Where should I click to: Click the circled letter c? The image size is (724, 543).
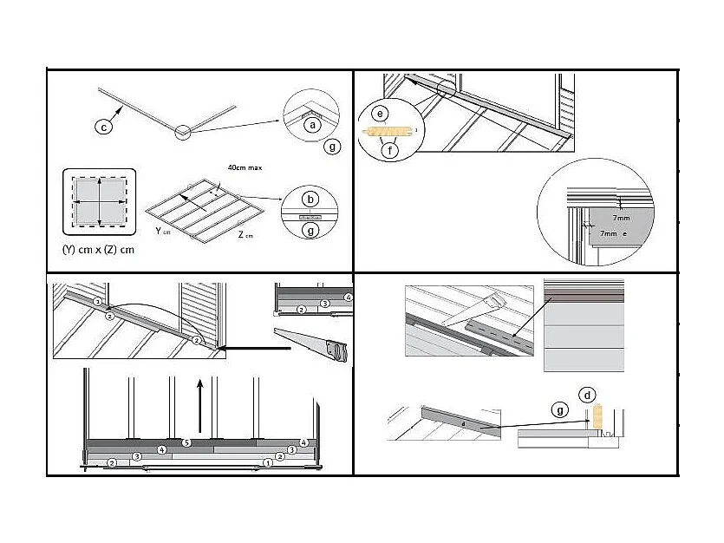point(103,128)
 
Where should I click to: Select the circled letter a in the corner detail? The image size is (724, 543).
point(314,125)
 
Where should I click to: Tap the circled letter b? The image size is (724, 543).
point(310,200)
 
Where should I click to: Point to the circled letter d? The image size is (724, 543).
point(589,396)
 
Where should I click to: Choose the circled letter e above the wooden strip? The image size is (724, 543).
point(379,114)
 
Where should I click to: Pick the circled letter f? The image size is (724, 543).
point(391,150)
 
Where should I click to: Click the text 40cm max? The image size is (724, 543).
point(245,167)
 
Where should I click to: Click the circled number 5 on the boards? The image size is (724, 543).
point(186,443)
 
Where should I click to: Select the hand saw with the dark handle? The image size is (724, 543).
point(313,343)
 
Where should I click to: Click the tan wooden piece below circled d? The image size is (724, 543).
point(596,417)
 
